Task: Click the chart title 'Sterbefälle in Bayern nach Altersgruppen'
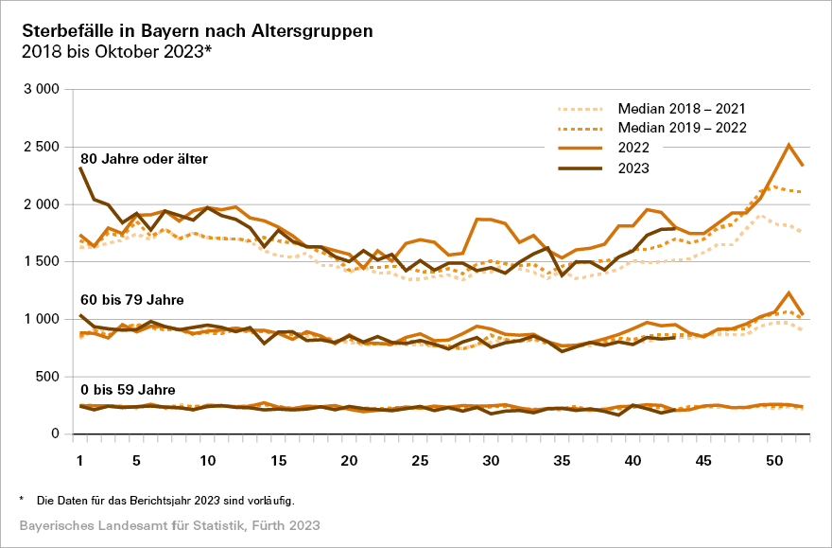pos(197,30)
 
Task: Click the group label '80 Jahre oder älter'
pos(144,158)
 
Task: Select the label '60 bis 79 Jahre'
pos(131,300)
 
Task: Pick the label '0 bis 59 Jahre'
pos(129,388)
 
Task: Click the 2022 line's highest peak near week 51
pos(789,145)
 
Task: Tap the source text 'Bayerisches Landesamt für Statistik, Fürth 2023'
pos(169,524)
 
